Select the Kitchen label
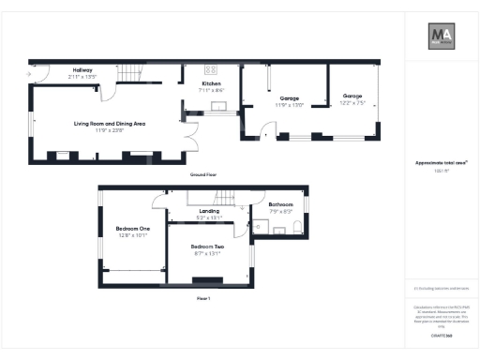tap(211, 84)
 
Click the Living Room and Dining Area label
tap(110, 123)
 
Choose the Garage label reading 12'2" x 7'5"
tap(352, 96)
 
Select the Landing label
tap(209, 211)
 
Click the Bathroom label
tap(281, 204)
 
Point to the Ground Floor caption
tap(203, 174)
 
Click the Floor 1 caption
tap(203, 297)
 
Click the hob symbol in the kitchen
tap(211, 69)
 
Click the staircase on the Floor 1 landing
tap(226, 197)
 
